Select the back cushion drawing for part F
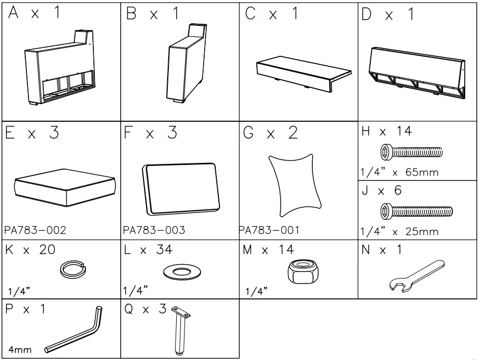[179, 188]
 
